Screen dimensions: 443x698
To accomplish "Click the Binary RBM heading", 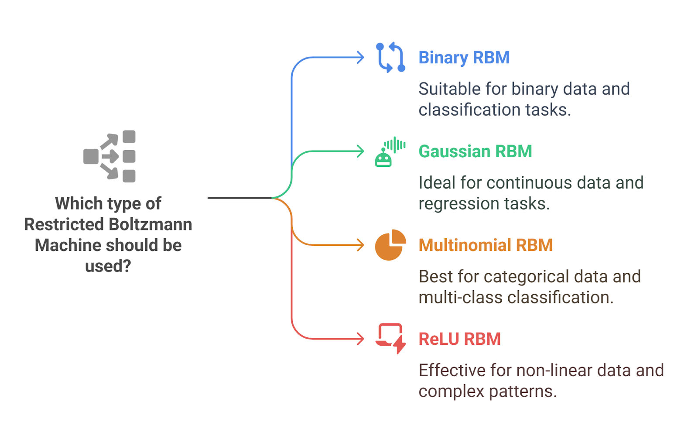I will click(x=464, y=58).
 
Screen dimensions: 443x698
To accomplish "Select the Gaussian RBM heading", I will click(x=475, y=151).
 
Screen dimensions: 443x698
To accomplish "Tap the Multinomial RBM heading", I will click(x=486, y=245).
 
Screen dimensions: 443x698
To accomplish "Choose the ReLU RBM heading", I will click(x=459, y=339).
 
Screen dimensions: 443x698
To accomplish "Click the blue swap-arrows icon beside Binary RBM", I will click(x=390, y=57).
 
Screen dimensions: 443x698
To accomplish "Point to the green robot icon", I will click(x=390, y=152).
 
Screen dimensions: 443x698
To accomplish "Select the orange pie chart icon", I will click(x=390, y=245).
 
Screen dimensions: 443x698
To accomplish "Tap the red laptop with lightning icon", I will click(x=390, y=338).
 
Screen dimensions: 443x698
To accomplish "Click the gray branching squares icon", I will click(x=109, y=156).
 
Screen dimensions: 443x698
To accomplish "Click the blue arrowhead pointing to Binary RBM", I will click(x=360, y=57).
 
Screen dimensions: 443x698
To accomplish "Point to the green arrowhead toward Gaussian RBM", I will click(x=360, y=151).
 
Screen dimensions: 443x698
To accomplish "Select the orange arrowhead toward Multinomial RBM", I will click(x=360, y=245).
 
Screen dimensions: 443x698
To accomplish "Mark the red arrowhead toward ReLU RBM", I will click(x=360, y=339).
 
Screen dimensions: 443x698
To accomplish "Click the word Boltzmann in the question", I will click(x=150, y=224).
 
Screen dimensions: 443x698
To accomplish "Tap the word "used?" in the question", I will click(x=108, y=266).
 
